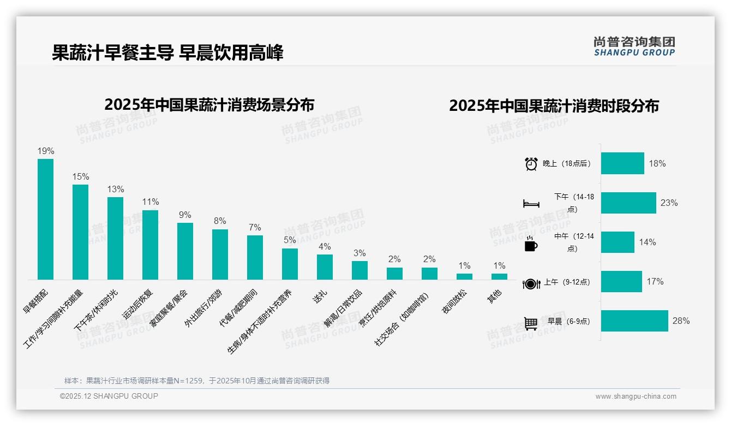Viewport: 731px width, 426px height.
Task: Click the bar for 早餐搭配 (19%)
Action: coord(45,219)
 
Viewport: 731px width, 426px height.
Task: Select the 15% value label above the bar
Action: coord(80,176)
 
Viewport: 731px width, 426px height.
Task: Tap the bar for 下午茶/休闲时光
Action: coord(115,238)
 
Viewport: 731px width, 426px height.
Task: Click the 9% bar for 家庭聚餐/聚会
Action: coord(185,251)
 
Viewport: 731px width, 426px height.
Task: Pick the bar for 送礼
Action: coord(325,267)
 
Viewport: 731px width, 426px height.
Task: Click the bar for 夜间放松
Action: coord(464,276)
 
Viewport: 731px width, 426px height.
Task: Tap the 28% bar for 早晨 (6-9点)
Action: coord(634,321)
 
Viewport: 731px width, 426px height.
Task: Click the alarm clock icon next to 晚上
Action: coord(531,163)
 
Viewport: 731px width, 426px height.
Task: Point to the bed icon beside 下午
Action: coord(531,203)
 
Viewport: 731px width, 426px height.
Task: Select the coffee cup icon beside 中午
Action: coord(531,244)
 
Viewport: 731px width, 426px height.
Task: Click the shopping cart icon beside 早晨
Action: coord(531,323)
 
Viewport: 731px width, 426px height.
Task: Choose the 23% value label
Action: coord(669,203)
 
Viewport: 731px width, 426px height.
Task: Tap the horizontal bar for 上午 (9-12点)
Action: coord(621,281)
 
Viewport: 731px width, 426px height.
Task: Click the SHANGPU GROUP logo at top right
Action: coord(634,46)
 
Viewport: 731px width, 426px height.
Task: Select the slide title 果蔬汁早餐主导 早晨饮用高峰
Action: coord(167,53)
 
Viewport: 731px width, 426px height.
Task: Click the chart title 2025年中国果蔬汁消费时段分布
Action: coord(554,105)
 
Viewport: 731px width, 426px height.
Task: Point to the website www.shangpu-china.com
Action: coord(636,397)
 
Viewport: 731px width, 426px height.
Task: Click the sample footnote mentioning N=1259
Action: coord(197,381)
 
